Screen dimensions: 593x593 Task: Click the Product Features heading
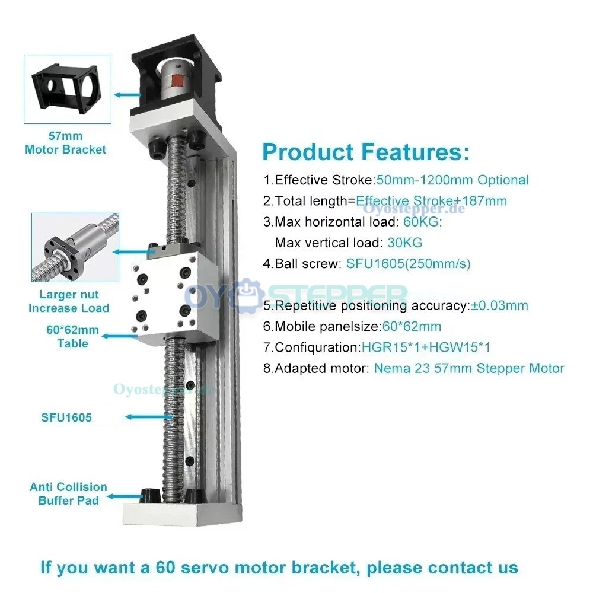coord(366,152)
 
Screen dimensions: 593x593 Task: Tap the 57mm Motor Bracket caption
coord(66,143)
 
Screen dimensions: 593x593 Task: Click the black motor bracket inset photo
coord(68,90)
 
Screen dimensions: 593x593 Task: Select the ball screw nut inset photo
coord(75,247)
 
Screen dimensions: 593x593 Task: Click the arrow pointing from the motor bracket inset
coord(127,94)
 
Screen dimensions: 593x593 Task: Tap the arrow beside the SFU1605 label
coord(149,417)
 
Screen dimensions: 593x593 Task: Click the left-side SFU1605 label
coord(66,417)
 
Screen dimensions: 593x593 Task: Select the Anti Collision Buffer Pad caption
coord(68,493)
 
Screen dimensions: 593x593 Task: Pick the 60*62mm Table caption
coord(72,337)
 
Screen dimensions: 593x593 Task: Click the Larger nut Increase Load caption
coord(69,301)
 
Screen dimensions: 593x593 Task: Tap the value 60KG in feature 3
coord(421,222)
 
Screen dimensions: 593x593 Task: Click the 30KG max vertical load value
coord(404,243)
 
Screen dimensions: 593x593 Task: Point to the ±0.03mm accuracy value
coord(499,305)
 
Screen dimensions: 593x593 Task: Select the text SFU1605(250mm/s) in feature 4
coord(409,264)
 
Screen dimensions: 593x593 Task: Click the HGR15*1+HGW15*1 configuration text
coord(426,347)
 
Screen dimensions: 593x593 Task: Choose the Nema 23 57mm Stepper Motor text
coord(469,368)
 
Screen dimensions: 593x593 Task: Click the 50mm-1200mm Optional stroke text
coord(452,180)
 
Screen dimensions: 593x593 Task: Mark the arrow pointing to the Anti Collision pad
coord(126,496)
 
